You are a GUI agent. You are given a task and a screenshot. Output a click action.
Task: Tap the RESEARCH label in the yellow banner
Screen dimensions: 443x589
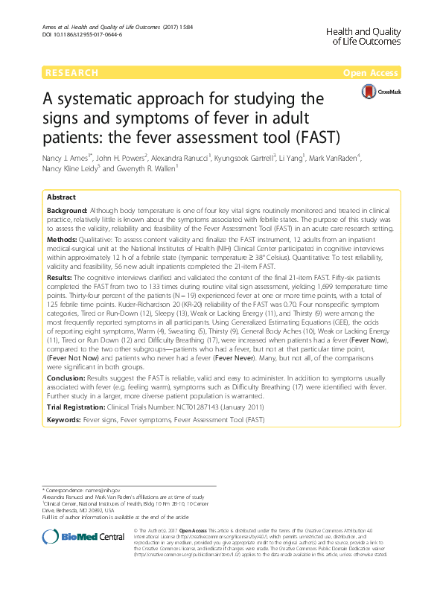[x=71, y=73]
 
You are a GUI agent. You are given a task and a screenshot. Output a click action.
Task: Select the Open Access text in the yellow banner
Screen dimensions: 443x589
[x=372, y=73]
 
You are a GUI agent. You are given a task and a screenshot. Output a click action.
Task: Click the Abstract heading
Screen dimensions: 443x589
[x=61, y=197]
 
